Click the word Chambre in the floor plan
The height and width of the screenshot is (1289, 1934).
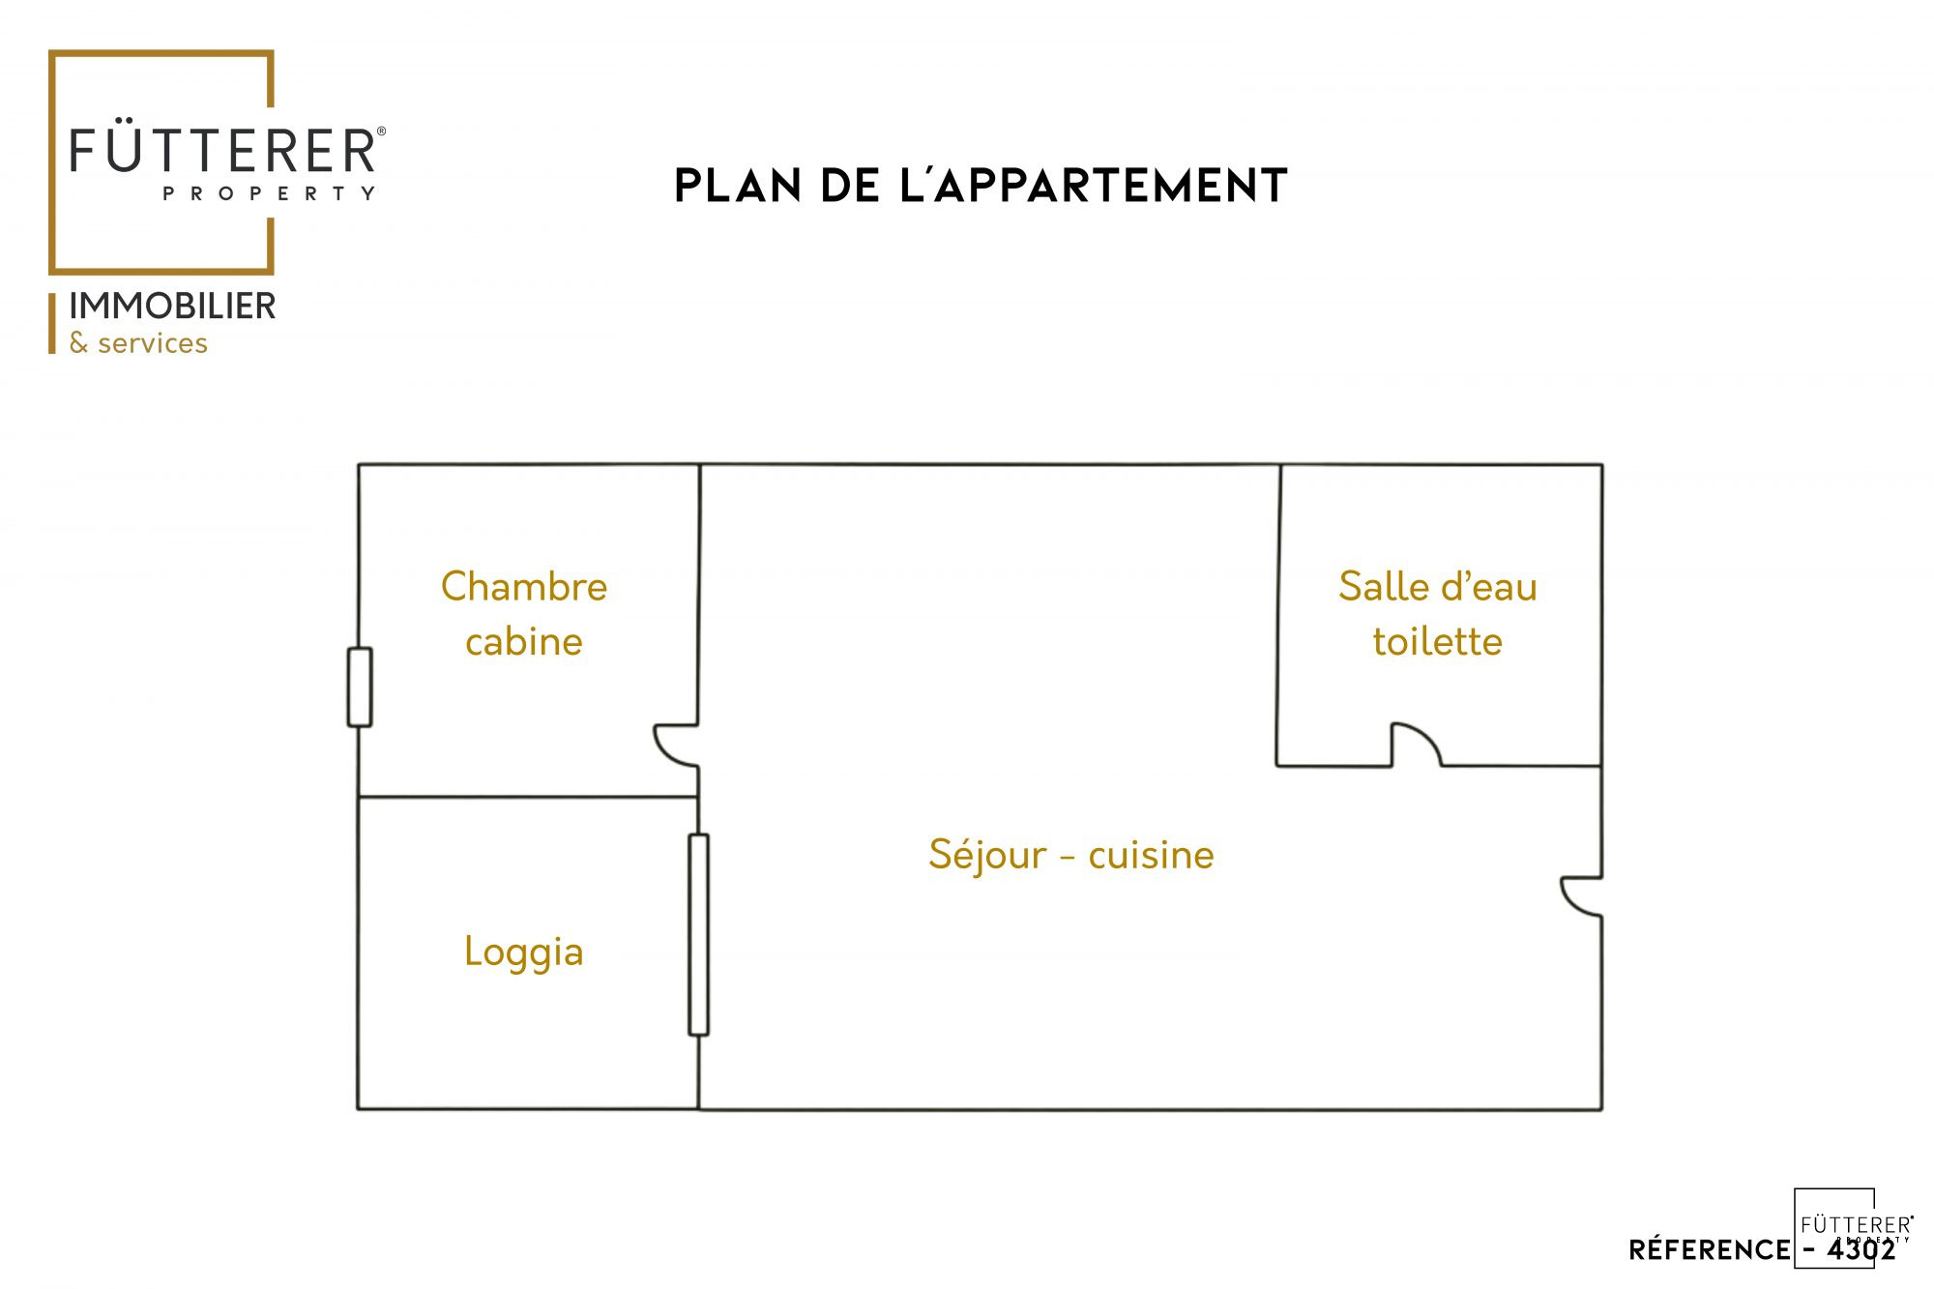[x=524, y=587]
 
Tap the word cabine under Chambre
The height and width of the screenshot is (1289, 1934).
[x=524, y=642]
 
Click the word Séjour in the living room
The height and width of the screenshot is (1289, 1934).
[x=987, y=856]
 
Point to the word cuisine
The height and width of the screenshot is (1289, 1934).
[x=1151, y=856]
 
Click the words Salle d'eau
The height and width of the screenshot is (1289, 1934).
[x=1438, y=587]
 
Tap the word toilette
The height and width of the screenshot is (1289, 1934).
[x=1438, y=642]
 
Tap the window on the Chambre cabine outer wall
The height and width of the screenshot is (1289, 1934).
[x=360, y=687]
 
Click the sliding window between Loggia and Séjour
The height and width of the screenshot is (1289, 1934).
[x=699, y=935]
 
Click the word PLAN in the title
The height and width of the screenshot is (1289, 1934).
[x=738, y=187]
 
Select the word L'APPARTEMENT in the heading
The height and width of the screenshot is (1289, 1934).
[x=1094, y=186]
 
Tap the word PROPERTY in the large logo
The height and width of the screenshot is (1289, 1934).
[x=269, y=193]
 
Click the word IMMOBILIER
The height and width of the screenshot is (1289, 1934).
[x=172, y=307]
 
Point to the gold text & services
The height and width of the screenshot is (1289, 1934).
[x=138, y=343]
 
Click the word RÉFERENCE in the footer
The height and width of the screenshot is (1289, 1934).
[x=1709, y=1249]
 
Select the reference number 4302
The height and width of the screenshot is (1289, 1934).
[x=1861, y=1250]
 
